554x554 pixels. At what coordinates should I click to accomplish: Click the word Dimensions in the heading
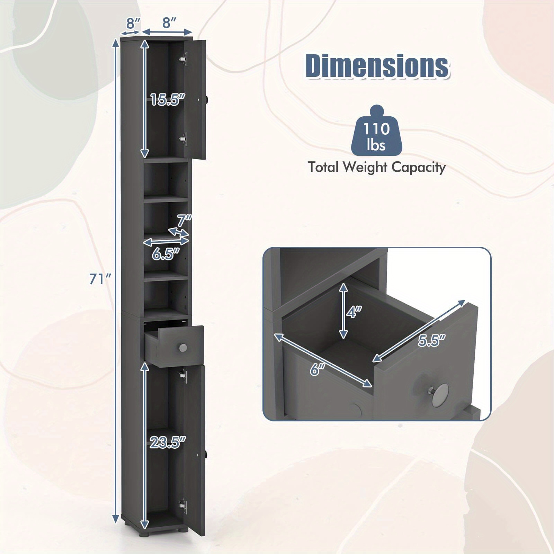[x=377, y=65]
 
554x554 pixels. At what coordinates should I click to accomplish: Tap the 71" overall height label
[x=100, y=278]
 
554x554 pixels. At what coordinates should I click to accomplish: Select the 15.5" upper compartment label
[x=166, y=100]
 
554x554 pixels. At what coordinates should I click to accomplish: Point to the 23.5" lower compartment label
[x=168, y=442]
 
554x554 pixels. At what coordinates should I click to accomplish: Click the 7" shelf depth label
[x=184, y=221]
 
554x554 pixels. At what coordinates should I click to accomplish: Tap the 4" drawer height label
[x=354, y=313]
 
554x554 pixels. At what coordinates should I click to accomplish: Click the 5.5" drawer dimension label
[x=430, y=340]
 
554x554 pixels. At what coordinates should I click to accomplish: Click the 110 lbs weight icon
[x=376, y=133]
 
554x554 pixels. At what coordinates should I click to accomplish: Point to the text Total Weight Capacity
[x=377, y=168]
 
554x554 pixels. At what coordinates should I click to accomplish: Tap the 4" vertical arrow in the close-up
[x=343, y=310]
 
